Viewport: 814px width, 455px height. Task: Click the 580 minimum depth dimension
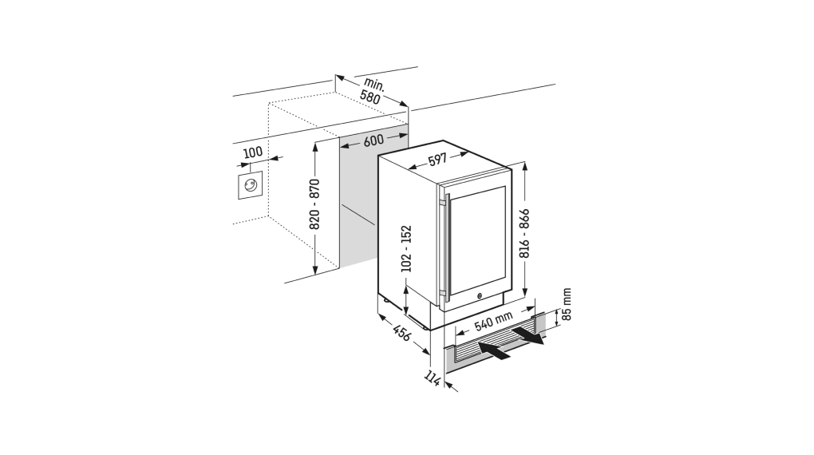coord(370,97)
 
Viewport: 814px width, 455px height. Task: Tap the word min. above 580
coord(375,84)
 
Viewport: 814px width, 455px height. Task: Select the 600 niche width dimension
coord(373,140)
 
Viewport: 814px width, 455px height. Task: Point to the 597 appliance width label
coord(437,160)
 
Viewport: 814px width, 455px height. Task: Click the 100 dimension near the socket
coord(253,152)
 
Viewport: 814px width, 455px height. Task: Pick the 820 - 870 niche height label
coord(314,206)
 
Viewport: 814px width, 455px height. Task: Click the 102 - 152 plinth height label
coord(405,248)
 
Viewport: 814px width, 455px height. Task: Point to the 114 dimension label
coord(432,378)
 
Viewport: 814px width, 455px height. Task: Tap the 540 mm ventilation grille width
coord(492,323)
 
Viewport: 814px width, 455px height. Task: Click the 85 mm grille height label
coord(567,305)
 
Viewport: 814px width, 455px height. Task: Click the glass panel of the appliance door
coord(477,239)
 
